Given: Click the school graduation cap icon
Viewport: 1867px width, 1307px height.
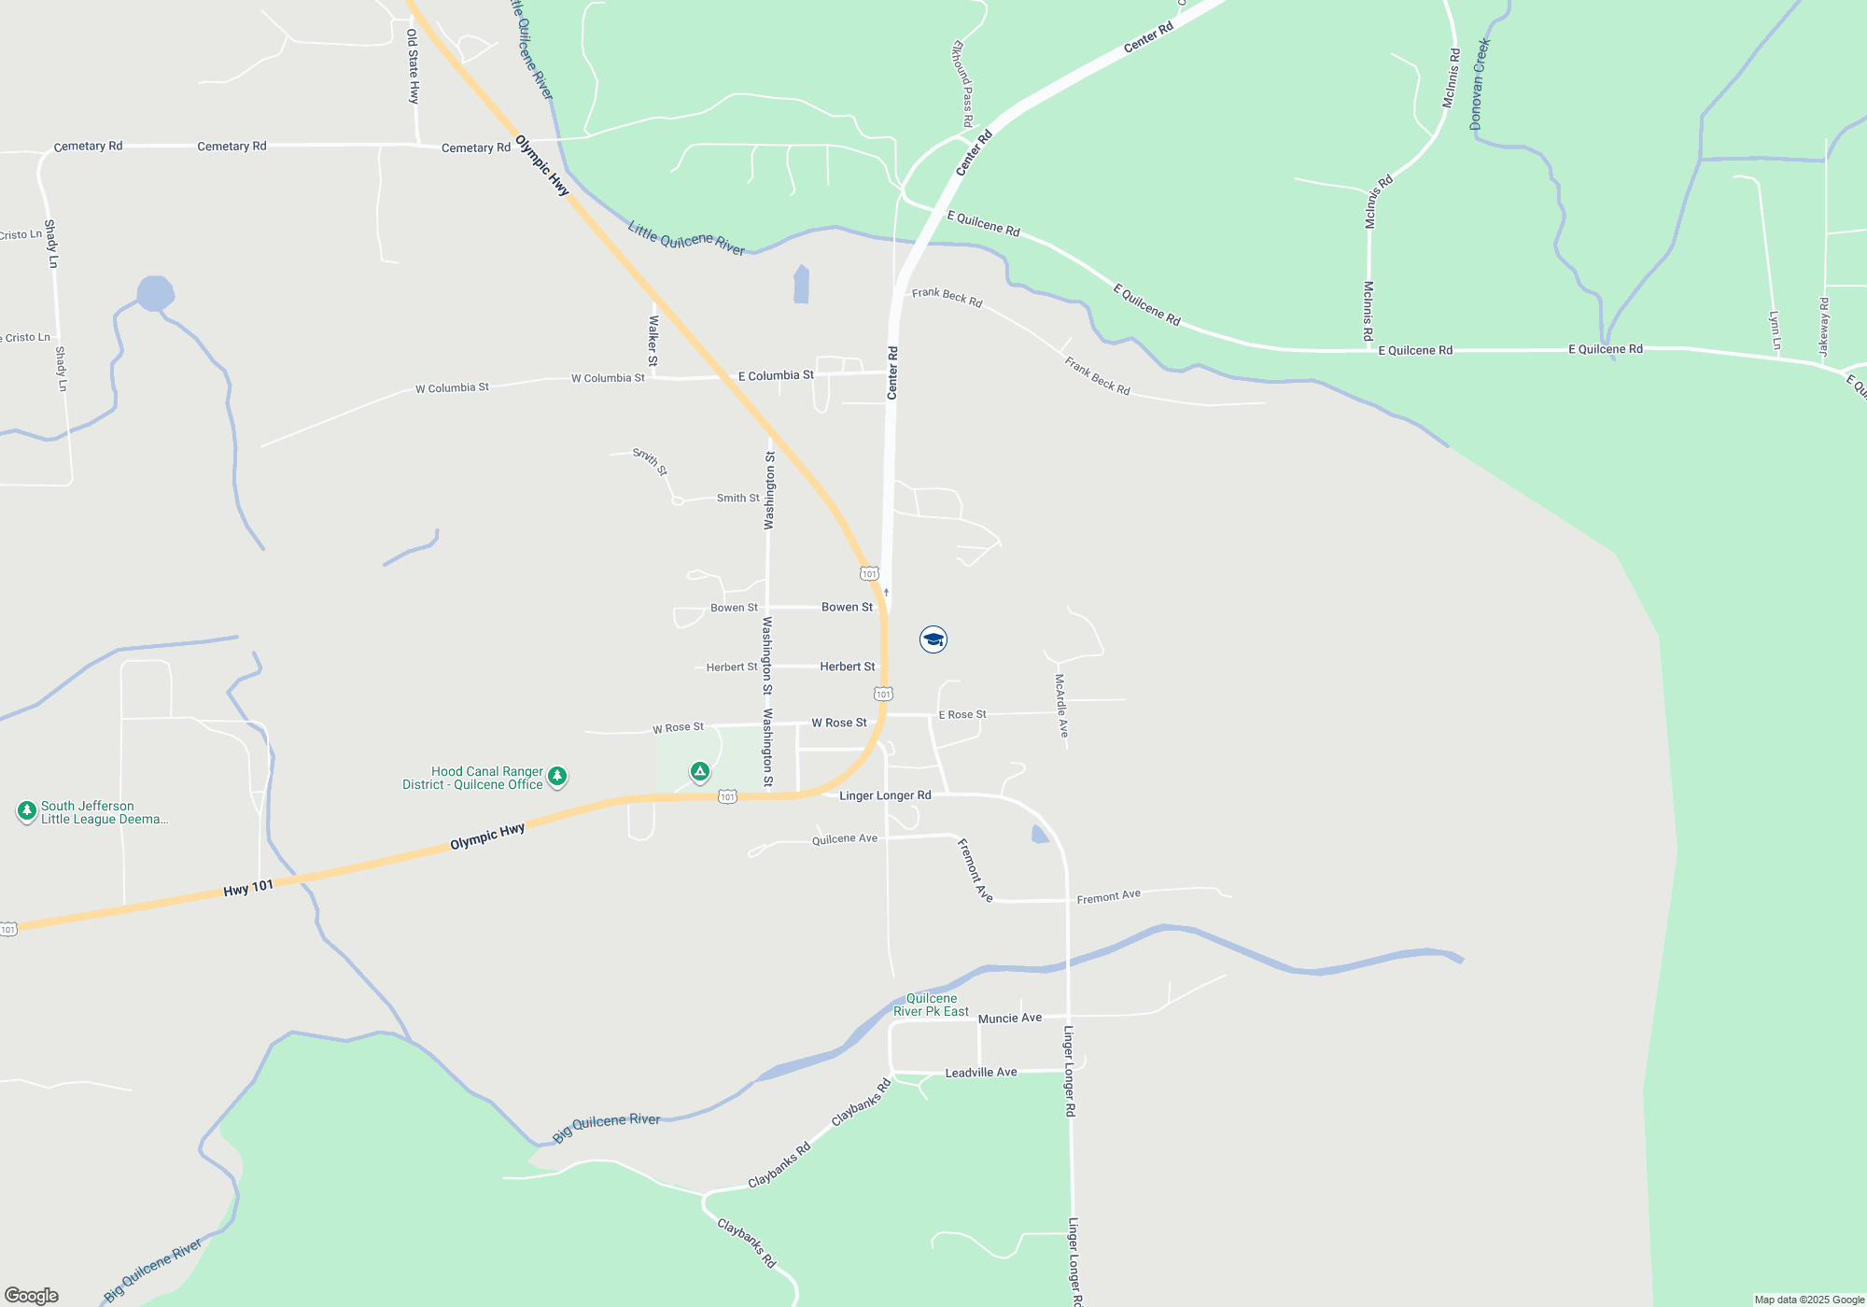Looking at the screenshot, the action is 933,639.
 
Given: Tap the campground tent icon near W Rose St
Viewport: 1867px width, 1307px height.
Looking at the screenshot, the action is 700,771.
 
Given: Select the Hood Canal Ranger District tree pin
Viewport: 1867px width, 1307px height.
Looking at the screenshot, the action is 557,776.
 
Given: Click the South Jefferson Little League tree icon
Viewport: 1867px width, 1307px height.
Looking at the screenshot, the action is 27,810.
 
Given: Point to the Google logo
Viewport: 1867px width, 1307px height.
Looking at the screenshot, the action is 32,1296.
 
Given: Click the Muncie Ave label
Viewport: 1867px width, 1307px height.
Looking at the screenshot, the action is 1010,1018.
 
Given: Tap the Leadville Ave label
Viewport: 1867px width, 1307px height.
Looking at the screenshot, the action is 981,1073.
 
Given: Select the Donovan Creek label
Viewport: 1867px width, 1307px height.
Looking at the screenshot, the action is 1480,84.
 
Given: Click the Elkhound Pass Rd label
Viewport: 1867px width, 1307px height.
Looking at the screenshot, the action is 962,84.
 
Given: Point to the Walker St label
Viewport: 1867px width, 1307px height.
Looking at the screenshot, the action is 653,340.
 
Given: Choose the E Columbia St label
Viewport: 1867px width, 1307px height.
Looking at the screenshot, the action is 776,375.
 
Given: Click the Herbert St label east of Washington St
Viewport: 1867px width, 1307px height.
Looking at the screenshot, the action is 848,667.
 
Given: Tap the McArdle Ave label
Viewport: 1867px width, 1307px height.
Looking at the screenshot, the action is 1061,706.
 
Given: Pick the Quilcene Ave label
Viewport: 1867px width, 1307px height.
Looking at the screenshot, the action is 845,839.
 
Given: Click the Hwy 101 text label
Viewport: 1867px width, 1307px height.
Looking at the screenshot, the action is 248,888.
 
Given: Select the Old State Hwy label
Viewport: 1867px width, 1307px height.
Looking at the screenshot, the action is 413,65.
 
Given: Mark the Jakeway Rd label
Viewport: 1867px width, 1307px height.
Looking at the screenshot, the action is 1824,327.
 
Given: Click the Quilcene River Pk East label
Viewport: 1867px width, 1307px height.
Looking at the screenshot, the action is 931,1005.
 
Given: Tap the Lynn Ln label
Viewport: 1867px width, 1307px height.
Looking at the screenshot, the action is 1775,330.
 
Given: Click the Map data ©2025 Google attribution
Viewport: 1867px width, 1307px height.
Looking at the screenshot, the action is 1809,1300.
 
